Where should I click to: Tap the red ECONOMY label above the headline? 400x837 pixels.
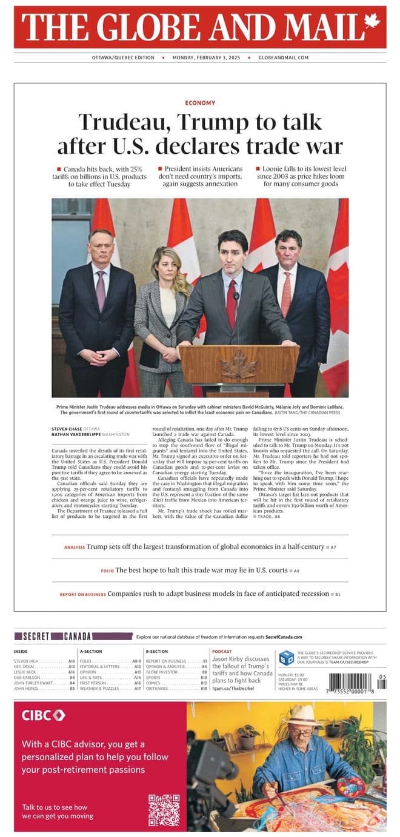click(x=200, y=103)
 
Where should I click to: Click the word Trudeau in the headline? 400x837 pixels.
click(x=124, y=122)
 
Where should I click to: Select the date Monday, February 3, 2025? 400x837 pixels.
click(x=206, y=58)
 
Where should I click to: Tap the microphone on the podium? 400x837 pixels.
click(x=236, y=296)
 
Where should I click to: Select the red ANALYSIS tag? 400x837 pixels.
click(x=75, y=548)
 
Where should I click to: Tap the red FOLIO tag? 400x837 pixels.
click(x=107, y=571)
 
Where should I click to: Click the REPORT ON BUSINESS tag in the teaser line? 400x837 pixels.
click(x=82, y=595)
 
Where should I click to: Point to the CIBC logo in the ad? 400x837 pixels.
click(x=44, y=715)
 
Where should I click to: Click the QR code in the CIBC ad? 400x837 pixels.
click(x=164, y=810)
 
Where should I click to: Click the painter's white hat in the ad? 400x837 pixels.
click(x=302, y=716)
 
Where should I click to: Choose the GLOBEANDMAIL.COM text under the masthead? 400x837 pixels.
click(x=284, y=58)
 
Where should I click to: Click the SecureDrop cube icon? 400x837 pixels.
click(x=286, y=658)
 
